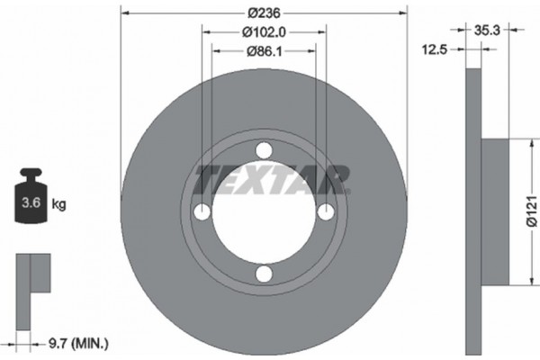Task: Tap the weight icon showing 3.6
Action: [31, 195]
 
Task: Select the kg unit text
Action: [59, 204]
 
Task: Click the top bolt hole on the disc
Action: [263, 150]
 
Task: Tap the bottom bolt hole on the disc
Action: [263, 274]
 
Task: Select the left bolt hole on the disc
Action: [202, 212]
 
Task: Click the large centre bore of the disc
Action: [263, 213]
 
